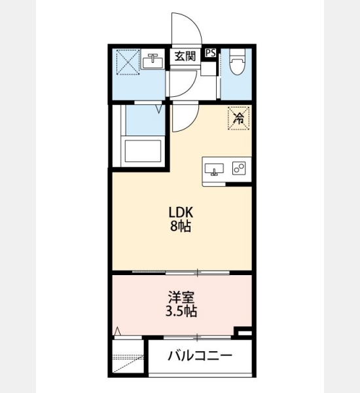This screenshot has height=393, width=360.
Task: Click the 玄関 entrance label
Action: point(185,56)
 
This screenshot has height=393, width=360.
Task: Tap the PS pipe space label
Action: point(211,53)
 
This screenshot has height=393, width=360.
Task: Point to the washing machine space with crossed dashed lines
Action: point(128,62)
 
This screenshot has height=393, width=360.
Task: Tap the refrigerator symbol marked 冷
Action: point(238,119)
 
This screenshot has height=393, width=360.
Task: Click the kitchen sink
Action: point(214,169)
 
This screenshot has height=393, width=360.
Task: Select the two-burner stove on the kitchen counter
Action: point(239,168)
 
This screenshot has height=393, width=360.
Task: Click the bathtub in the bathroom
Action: point(143,151)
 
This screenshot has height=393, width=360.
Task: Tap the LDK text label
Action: point(181,212)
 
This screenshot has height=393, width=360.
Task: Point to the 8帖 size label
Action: point(181,227)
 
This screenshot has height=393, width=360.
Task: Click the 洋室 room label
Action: point(181,298)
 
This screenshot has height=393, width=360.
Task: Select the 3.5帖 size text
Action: point(181,312)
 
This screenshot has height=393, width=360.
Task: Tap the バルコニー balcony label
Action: point(200,356)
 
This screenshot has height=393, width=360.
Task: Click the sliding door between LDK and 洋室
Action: point(181,272)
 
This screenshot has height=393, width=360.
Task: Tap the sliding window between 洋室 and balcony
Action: point(197,337)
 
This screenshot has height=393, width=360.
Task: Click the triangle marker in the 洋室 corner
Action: point(117,331)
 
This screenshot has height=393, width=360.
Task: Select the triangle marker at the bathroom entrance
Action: point(159,109)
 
